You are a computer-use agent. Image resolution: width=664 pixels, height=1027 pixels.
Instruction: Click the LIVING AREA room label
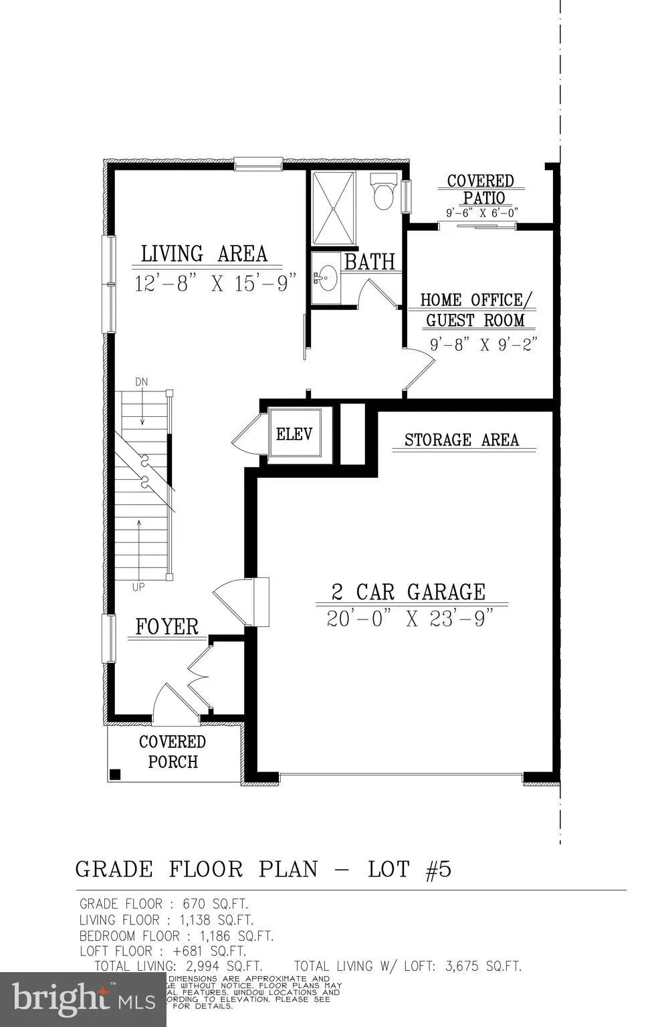click(204, 254)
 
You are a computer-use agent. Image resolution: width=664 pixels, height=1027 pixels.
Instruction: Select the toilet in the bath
click(384, 191)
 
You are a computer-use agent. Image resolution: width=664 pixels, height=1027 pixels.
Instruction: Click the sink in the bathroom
click(326, 277)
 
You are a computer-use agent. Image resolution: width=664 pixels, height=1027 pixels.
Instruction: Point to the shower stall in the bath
click(333, 208)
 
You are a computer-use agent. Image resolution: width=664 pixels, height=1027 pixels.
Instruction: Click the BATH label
click(370, 262)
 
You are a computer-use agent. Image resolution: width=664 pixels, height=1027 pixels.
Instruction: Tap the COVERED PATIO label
click(480, 189)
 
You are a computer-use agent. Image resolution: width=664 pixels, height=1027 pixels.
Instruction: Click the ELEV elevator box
click(294, 434)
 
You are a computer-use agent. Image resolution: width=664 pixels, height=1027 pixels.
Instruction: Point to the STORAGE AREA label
click(461, 440)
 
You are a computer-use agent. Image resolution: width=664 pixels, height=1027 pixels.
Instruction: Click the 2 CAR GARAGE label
click(409, 592)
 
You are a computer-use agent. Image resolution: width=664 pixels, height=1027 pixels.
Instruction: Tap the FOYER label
click(167, 627)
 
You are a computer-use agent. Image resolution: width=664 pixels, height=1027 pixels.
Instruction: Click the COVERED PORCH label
click(173, 751)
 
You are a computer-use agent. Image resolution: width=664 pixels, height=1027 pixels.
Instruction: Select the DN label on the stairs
click(141, 382)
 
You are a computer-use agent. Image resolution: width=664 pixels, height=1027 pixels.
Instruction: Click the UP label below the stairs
click(139, 587)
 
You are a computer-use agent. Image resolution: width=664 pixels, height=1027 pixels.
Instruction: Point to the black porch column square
click(115, 775)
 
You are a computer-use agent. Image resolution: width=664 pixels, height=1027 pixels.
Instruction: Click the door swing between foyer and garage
click(231, 601)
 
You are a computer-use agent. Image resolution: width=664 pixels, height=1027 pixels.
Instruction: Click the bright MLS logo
click(83, 999)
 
